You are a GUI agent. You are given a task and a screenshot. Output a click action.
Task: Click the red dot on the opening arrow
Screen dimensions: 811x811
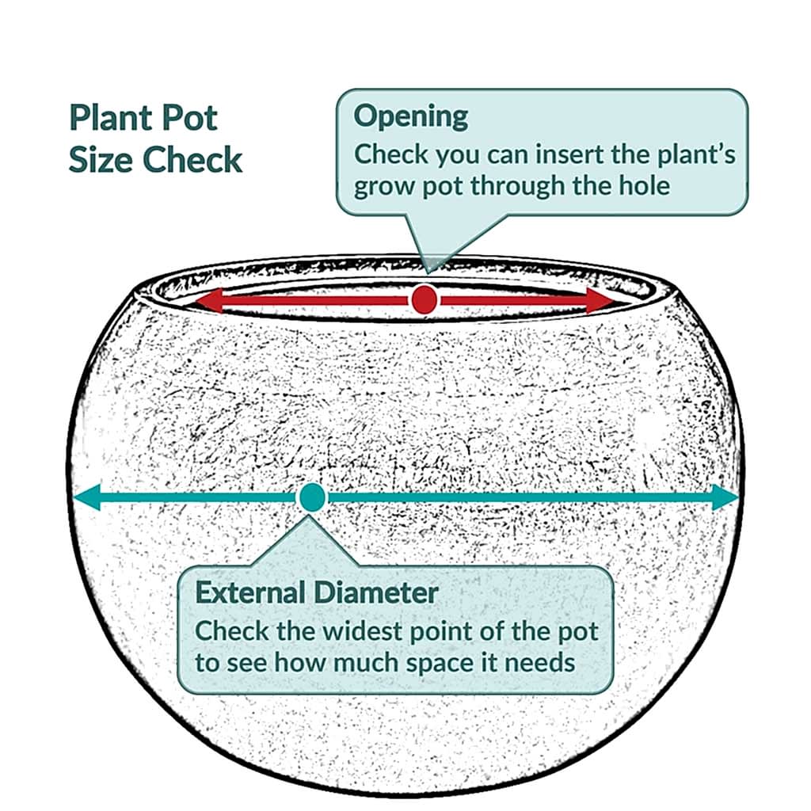[x=425, y=299]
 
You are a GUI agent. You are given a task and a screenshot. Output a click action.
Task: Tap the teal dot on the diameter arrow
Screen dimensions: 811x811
[x=312, y=497]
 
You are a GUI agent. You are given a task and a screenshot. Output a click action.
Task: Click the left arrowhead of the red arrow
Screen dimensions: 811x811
[x=208, y=300]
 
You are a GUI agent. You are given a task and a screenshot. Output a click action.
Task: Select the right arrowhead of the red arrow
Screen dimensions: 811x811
[x=600, y=300]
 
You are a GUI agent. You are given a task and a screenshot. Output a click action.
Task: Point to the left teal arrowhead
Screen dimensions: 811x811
[x=86, y=497]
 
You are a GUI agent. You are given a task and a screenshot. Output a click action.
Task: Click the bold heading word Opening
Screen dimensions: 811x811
[x=411, y=117]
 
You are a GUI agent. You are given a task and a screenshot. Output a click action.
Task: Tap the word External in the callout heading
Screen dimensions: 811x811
[x=249, y=592]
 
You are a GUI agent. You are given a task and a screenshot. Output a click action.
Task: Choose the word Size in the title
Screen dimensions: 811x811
[x=101, y=159]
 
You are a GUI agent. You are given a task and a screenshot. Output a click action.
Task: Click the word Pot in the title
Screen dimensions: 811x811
[x=189, y=118]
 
